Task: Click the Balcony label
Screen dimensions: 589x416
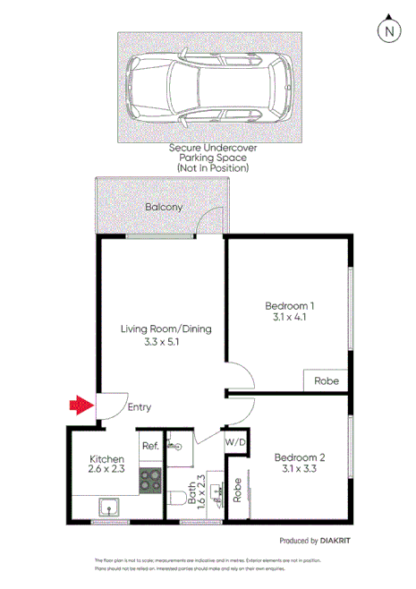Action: (x=164, y=208)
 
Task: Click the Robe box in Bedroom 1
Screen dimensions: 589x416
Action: (x=327, y=380)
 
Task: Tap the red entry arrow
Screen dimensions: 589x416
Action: (x=81, y=406)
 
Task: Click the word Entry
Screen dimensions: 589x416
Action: (x=139, y=407)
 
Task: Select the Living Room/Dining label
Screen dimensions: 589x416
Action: (x=166, y=329)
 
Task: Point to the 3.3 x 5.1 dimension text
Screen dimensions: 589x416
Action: (x=166, y=342)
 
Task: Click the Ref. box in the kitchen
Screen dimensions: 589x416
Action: (x=149, y=446)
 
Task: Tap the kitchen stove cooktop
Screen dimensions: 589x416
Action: (x=149, y=482)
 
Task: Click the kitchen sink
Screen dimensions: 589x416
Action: (x=112, y=510)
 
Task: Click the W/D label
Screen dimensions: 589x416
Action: (x=235, y=442)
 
